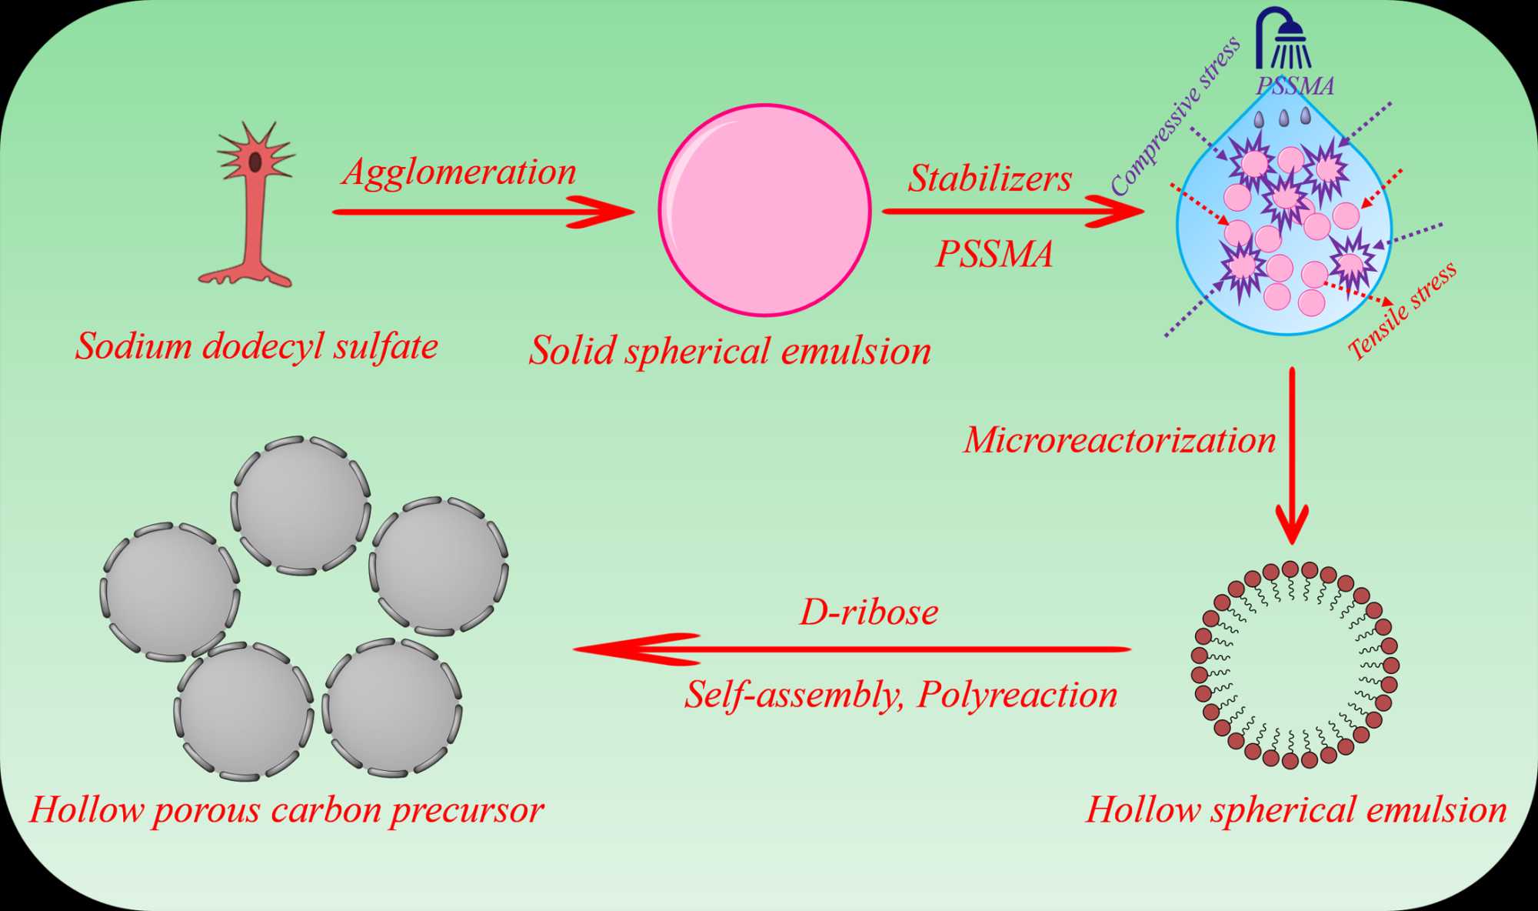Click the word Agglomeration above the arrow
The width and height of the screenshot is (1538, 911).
(459, 172)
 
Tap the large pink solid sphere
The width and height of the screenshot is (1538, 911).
(764, 210)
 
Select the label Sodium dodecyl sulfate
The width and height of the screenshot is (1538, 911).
(257, 346)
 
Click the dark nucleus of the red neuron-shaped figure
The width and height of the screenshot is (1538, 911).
(255, 162)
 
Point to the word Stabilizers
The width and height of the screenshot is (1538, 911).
(990, 179)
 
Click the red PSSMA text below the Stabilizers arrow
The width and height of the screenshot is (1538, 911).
(994, 255)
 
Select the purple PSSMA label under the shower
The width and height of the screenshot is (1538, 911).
(1295, 85)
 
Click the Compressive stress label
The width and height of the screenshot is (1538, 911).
(1175, 115)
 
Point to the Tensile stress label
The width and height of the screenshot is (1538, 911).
(1403, 311)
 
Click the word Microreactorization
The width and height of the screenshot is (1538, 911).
(1120, 440)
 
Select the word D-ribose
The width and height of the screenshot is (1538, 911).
(869, 612)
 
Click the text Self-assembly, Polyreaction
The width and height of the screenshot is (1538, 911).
(900, 695)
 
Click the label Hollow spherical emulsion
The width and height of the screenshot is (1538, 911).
(1296, 809)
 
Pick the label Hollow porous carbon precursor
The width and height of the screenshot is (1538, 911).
(287, 809)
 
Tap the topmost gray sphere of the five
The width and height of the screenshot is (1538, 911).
(301, 506)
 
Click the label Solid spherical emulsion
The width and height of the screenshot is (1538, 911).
(730, 351)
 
